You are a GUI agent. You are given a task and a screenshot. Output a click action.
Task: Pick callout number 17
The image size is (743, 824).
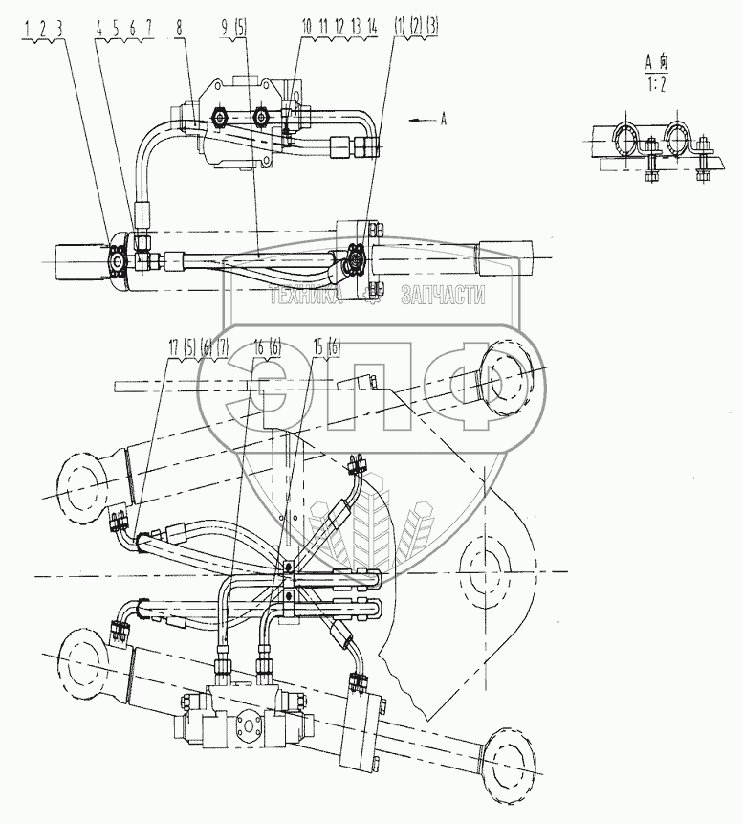172,345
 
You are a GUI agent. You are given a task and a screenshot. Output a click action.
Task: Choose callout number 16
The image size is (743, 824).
258,345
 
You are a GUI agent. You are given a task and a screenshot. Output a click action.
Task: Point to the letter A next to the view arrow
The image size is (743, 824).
444,120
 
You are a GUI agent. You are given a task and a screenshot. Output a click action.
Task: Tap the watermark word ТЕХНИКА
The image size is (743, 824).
306,298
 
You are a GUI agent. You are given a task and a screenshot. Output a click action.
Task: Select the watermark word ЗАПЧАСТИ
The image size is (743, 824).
442,298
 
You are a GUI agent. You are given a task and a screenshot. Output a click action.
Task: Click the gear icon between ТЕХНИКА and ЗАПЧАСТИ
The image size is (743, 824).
376,299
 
